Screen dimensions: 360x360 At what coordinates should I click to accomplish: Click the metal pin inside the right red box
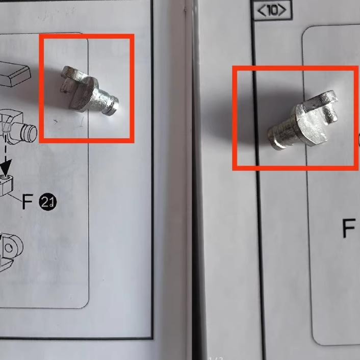[x=303, y=119]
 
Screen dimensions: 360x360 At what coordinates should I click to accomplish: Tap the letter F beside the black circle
[x=28, y=201]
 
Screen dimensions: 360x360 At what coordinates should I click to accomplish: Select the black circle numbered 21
[x=48, y=202]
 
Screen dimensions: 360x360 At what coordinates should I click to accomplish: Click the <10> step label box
[x=272, y=10]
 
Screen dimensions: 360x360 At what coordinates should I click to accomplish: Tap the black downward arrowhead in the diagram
[x=6, y=166]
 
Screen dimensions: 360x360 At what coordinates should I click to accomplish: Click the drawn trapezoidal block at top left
[x=14, y=73]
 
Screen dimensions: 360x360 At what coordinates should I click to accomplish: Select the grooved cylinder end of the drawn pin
[x=29, y=133]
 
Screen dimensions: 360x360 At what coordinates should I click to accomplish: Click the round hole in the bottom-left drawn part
[x=9, y=248]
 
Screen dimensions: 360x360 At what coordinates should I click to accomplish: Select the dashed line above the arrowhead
[x=5, y=147]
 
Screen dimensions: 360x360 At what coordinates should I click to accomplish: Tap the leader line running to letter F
[x=15, y=197]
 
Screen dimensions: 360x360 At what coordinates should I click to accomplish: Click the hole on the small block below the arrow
[x=5, y=177]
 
